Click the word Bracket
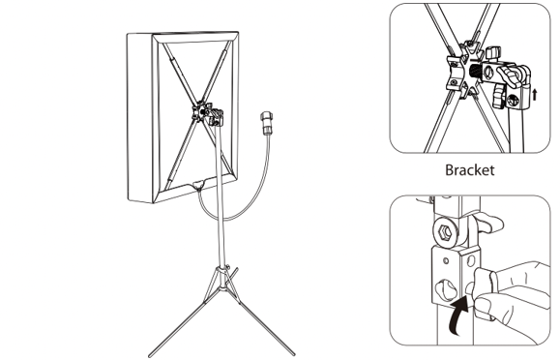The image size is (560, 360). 470,169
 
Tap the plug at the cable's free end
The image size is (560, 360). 266,124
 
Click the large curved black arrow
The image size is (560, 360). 458,315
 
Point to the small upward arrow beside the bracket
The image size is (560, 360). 534,95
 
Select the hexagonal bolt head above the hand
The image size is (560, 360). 445,232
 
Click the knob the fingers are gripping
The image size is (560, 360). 483,285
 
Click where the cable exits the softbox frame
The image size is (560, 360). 198,185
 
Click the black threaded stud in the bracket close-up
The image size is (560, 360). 475,71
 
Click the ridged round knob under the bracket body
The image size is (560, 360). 498,99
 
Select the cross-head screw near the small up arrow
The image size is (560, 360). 514,101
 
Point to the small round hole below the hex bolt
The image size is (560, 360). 446,260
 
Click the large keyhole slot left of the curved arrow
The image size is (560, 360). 444,288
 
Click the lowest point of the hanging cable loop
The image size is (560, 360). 224,219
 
